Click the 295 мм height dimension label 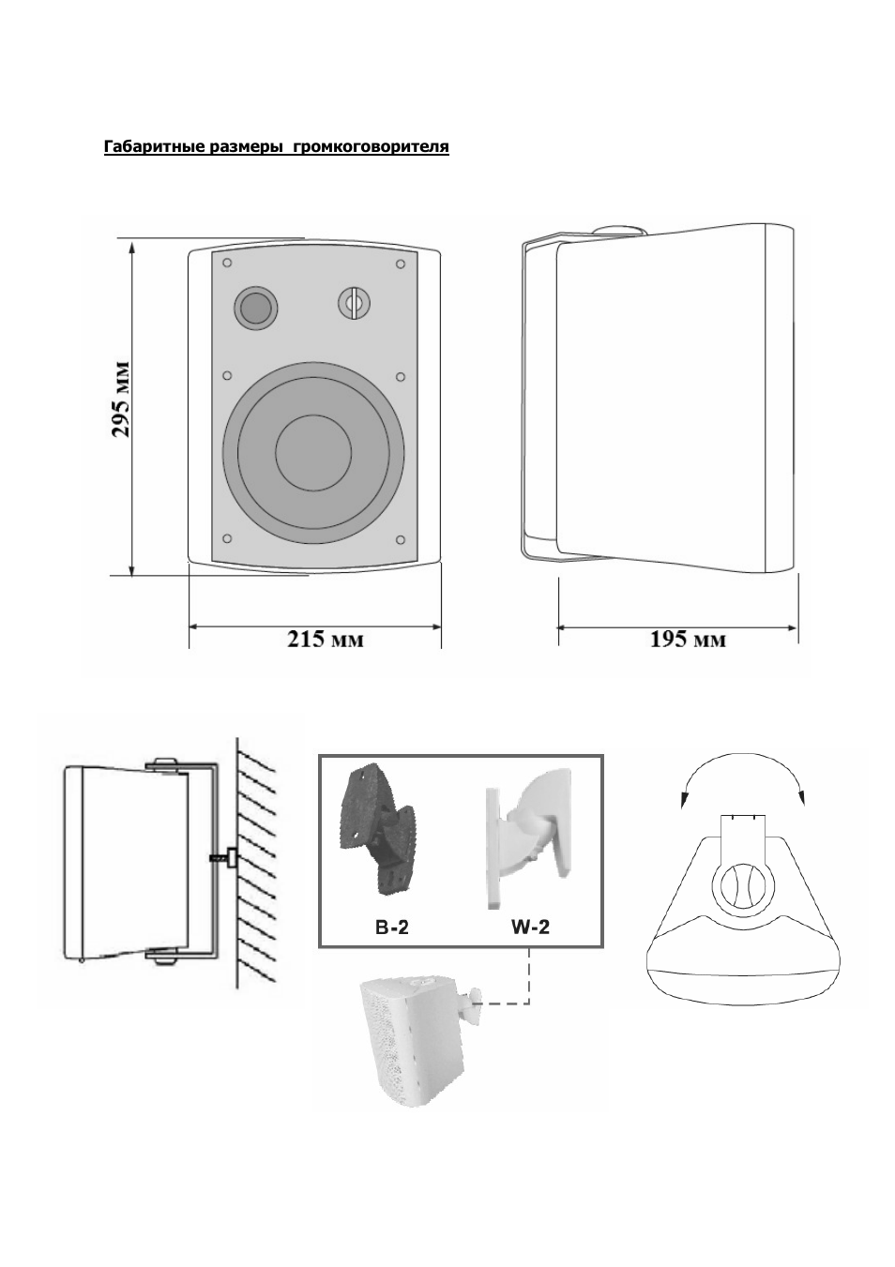pos(120,399)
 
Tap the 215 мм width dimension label pos(325,640)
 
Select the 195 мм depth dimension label pos(688,640)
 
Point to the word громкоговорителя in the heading pos(372,147)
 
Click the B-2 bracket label pos(391,928)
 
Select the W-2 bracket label pos(529,928)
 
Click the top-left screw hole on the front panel pos(227,263)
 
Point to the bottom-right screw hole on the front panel pos(400,538)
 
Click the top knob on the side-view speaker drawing pos(620,231)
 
